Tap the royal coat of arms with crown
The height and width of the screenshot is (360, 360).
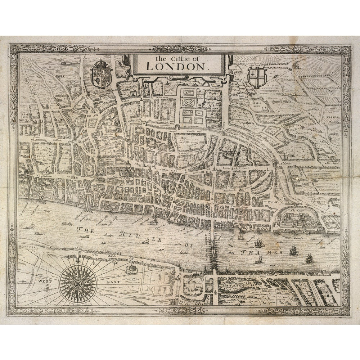coord(102,75)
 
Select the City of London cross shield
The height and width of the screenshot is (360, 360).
coord(257,77)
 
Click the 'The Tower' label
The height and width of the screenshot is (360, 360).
coord(297,211)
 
